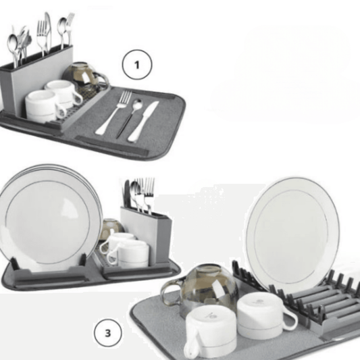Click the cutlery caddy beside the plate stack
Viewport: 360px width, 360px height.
coord(145,226)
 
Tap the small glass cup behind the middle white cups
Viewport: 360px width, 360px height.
coord(111,230)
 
